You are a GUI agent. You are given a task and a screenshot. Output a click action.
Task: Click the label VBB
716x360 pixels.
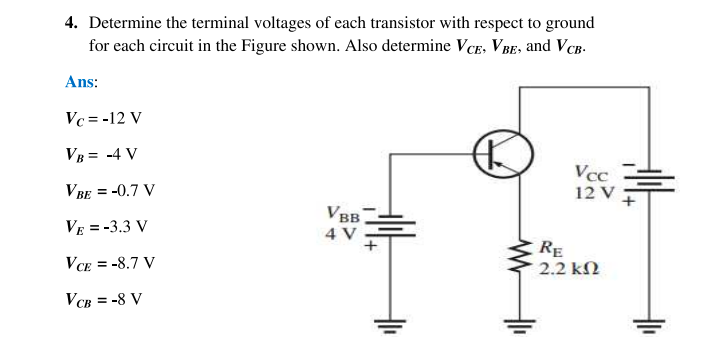[x=342, y=214]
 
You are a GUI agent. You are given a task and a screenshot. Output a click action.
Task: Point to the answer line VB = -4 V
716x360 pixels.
[x=101, y=154]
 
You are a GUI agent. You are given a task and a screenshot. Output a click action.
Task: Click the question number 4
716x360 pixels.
[x=70, y=22]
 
